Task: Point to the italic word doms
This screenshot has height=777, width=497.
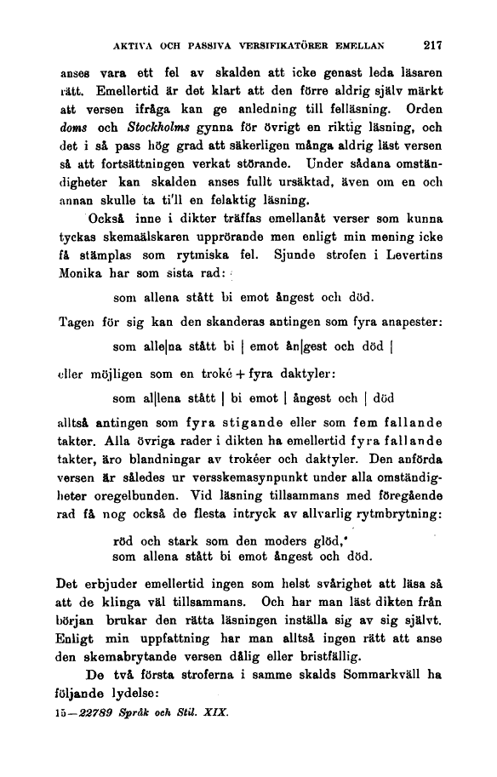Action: coord(73,129)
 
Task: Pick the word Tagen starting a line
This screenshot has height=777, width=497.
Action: coord(78,322)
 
